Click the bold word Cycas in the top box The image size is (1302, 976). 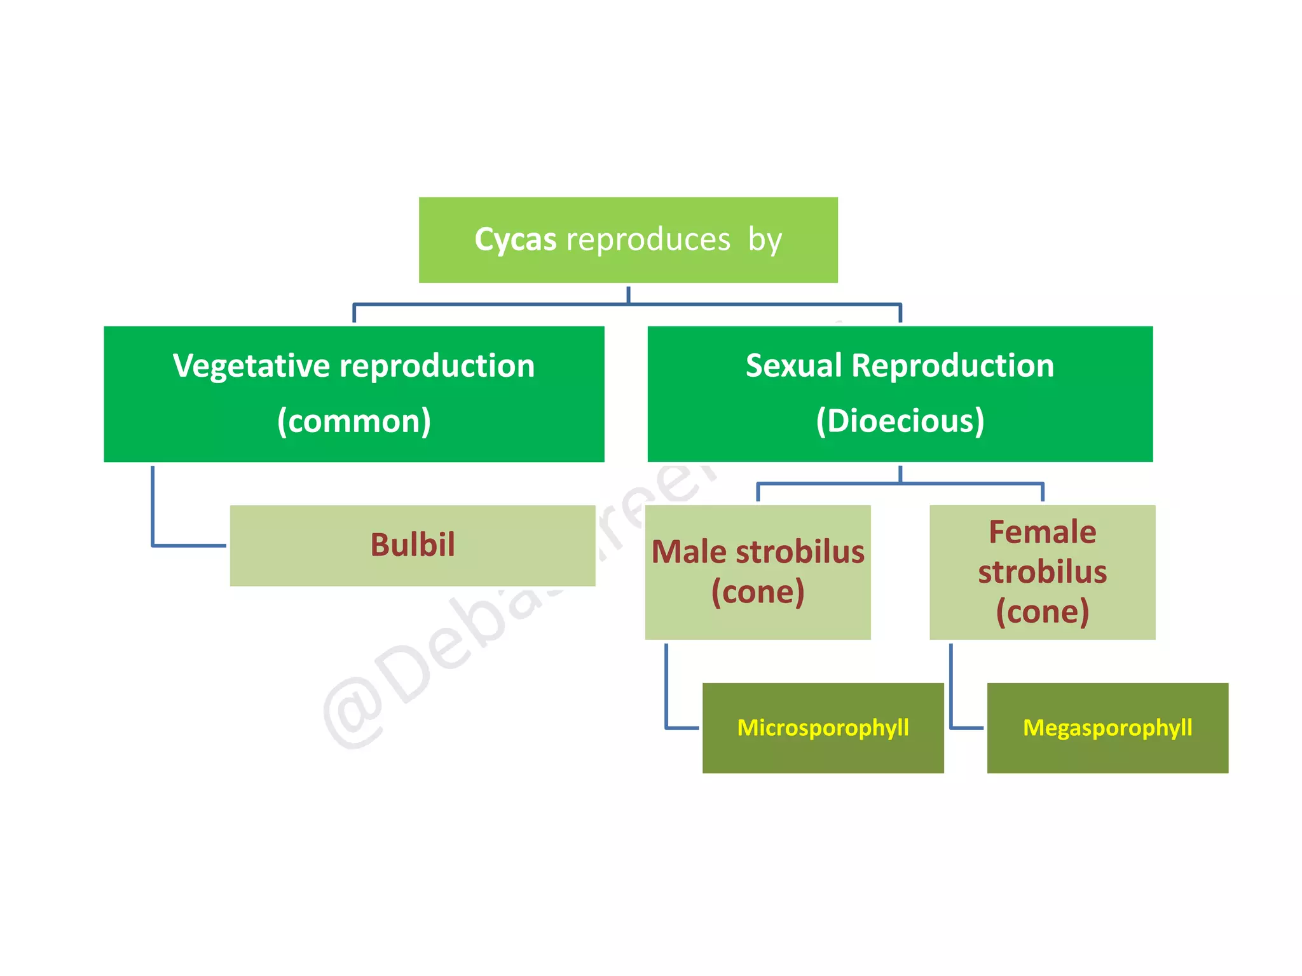pyautogui.click(x=516, y=240)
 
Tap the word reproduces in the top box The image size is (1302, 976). pyautogui.click(x=648, y=240)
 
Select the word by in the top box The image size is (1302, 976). pyautogui.click(x=765, y=240)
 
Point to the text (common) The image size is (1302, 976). pyautogui.click(x=354, y=421)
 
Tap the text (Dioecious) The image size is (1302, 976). pyautogui.click(x=900, y=421)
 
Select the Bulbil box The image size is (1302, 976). pyautogui.click(x=413, y=545)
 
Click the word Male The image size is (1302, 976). pyautogui.click(x=689, y=552)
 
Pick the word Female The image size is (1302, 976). pyautogui.click(x=1042, y=532)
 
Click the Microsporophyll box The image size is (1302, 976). pyautogui.click(x=823, y=728)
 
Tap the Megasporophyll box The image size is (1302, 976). pyautogui.click(x=1107, y=728)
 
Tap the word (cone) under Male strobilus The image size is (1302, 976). pyautogui.click(x=758, y=592)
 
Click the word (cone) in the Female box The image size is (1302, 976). pyautogui.click(x=1042, y=611)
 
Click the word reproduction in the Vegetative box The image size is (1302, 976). pyautogui.click(x=437, y=366)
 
